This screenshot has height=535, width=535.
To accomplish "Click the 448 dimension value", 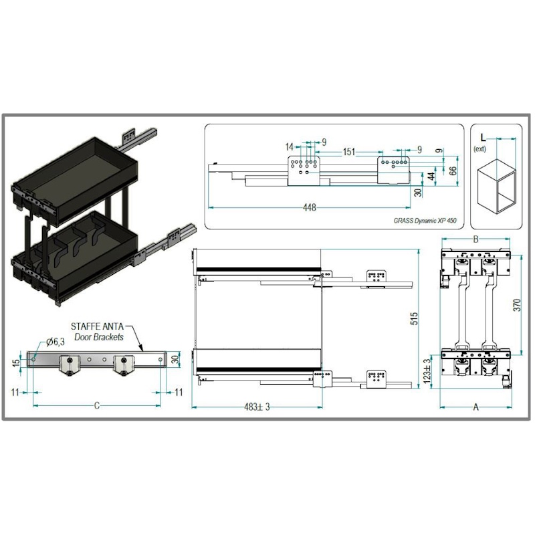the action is pos(309,207).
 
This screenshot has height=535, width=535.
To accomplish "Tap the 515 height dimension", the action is pos(414,318).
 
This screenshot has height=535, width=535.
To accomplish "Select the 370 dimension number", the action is pos(518,305).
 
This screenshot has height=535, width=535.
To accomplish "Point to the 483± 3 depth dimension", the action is pos(257,407).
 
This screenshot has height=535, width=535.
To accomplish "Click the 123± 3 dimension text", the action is pos(427,371).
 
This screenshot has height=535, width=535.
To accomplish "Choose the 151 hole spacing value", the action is pos(348,152).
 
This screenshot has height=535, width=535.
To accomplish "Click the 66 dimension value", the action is pos(453,171).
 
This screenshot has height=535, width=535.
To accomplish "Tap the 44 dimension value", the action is pos(431,177).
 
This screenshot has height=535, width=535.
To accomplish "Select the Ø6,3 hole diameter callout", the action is pos(56,342).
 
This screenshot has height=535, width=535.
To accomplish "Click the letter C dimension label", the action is pos(97,406).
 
